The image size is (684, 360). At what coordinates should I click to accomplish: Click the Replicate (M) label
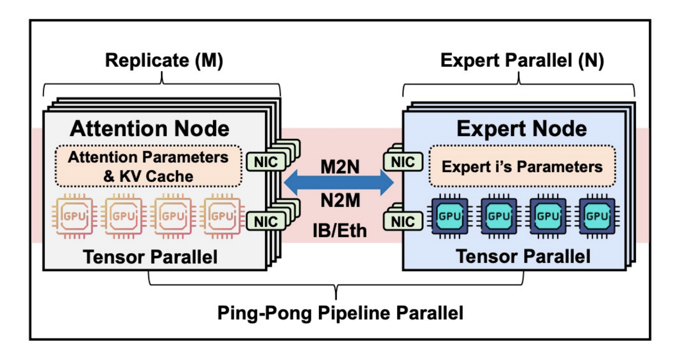click(x=164, y=61)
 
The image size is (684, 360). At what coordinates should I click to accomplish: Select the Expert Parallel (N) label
click(x=522, y=61)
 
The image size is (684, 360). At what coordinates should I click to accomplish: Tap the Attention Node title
click(x=150, y=129)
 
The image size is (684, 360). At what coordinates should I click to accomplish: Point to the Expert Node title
click(x=521, y=129)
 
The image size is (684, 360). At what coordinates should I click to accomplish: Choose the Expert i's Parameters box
click(x=522, y=167)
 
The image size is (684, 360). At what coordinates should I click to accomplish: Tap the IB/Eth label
click(x=339, y=230)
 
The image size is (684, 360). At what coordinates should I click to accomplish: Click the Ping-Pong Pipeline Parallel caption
click(x=340, y=313)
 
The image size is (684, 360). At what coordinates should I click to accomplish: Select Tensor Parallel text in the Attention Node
click(x=150, y=257)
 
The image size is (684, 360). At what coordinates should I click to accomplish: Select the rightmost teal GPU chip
click(x=597, y=216)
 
